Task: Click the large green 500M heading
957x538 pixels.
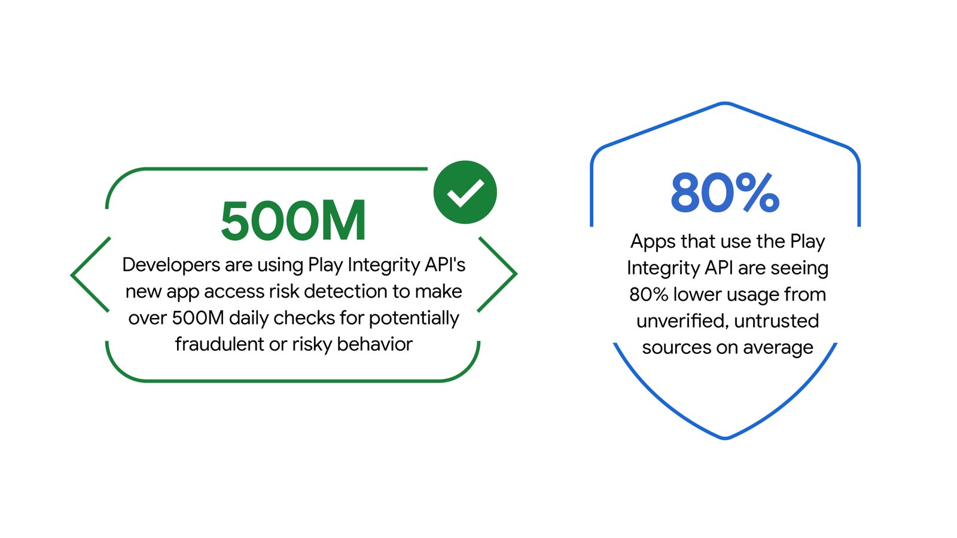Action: pos(293,221)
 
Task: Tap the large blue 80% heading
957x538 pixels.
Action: pos(725,193)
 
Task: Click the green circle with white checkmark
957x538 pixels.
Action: pos(465,192)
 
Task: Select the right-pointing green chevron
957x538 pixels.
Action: pos(498,274)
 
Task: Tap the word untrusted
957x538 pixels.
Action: pos(777,321)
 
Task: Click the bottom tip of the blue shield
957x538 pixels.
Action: pos(725,438)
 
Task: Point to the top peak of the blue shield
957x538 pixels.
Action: pos(725,104)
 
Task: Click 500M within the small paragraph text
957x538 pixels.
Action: pos(197,318)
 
